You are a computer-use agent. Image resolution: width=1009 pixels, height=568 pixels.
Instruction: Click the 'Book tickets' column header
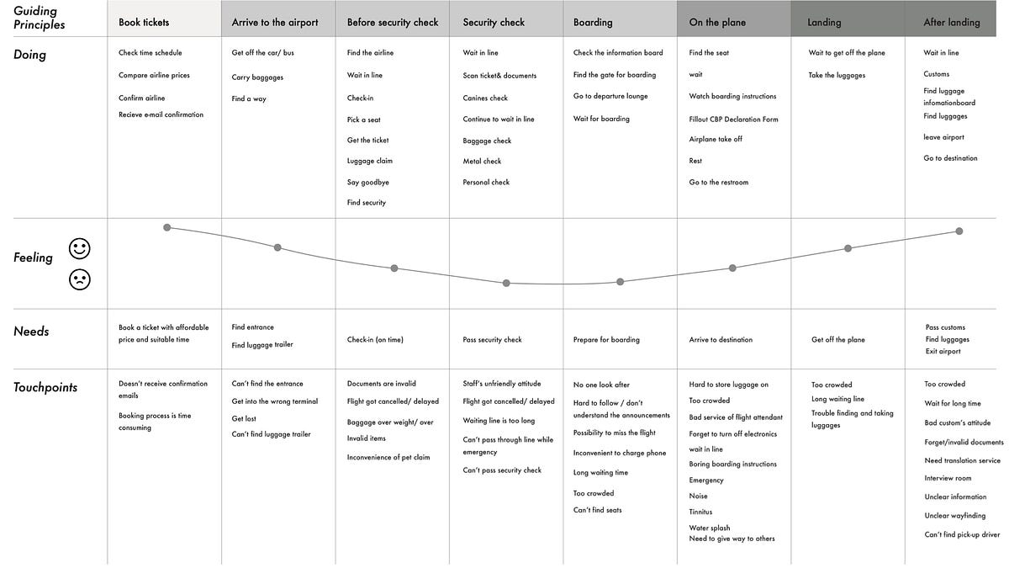click(144, 22)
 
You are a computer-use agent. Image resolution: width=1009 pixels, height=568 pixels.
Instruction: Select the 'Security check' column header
click(494, 22)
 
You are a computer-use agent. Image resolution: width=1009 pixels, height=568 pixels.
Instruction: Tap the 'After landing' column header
click(951, 22)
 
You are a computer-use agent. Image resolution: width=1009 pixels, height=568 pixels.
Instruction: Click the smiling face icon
click(80, 249)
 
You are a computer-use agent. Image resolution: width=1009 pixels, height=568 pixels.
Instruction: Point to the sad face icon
click(80, 279)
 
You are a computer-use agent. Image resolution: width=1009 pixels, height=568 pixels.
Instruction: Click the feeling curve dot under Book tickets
click(167, 228)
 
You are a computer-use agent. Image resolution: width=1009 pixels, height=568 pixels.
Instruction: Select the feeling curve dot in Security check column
click(506, 283)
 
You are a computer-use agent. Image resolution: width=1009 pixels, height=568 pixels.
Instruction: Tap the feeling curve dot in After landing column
click(959, 231)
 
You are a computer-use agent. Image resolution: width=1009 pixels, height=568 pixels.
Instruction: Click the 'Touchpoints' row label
click(45, 387)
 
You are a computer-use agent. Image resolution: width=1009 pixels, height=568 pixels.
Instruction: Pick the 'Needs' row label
click(31, 332)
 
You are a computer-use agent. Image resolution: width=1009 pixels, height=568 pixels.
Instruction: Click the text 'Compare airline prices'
click(154, 75)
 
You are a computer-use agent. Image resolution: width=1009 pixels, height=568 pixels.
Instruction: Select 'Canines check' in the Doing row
click(485, 98)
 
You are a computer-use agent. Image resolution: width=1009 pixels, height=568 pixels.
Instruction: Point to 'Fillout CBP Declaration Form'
click(733, 119)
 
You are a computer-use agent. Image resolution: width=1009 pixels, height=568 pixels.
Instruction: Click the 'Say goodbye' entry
click(368, 182)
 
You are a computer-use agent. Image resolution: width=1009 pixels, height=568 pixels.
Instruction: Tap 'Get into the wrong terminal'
click(275, 401)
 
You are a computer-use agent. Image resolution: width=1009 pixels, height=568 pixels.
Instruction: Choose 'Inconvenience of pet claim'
click(388, 457)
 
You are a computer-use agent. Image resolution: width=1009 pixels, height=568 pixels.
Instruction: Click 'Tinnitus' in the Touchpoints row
click(700, 512)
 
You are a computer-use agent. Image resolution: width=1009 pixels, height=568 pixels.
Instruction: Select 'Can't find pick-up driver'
click(962, 534)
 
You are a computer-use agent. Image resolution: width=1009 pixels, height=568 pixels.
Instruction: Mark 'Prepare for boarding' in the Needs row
click(606, 339)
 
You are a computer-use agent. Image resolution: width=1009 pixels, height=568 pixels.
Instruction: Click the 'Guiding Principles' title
click(40, 18)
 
